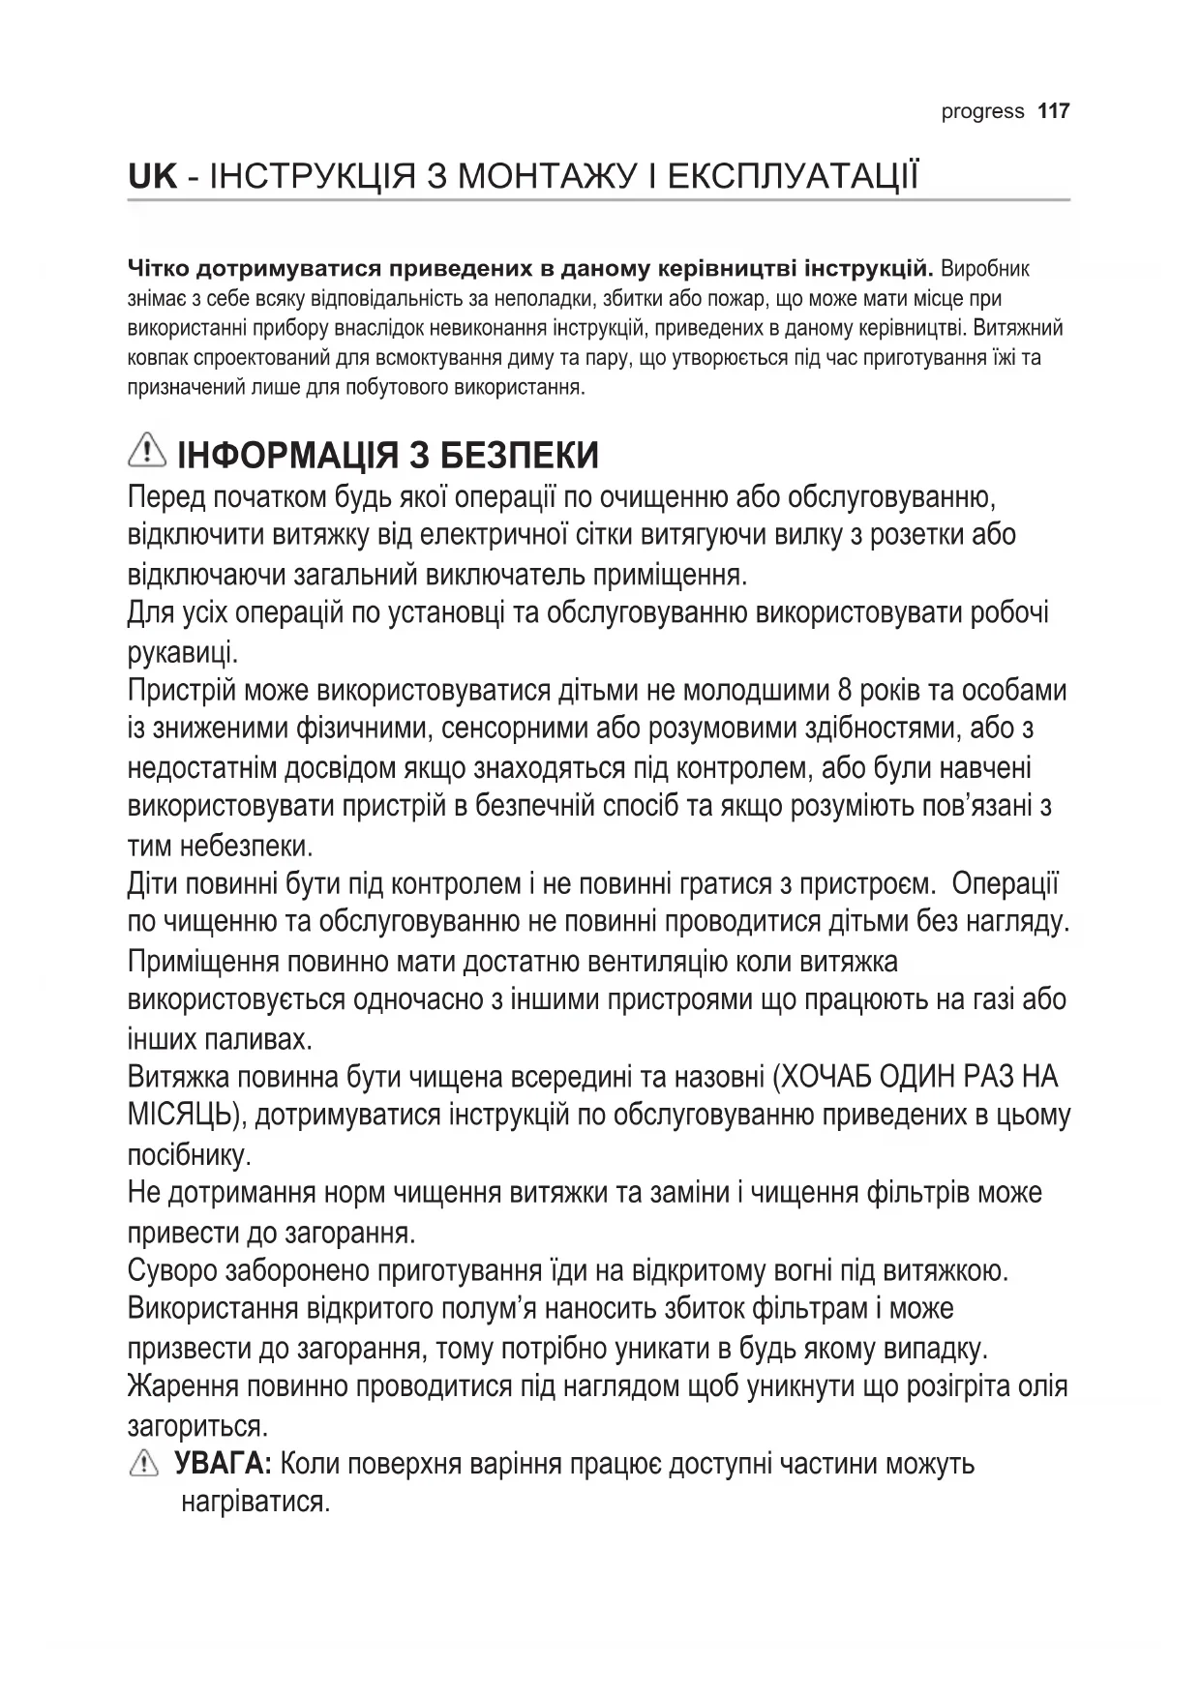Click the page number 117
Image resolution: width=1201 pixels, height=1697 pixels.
pos(1053,111)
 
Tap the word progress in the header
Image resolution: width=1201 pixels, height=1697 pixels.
pos(982,112)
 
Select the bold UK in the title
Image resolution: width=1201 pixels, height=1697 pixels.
pos(153,177)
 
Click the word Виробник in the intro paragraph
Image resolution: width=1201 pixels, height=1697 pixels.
pos(985,268)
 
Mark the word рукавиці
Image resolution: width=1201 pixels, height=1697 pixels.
pos(183,653)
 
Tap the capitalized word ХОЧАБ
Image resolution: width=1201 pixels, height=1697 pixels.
pos(831,1077)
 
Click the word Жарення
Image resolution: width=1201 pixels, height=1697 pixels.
pos(183,1386)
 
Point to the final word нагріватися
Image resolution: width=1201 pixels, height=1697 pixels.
pos(255,1503)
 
